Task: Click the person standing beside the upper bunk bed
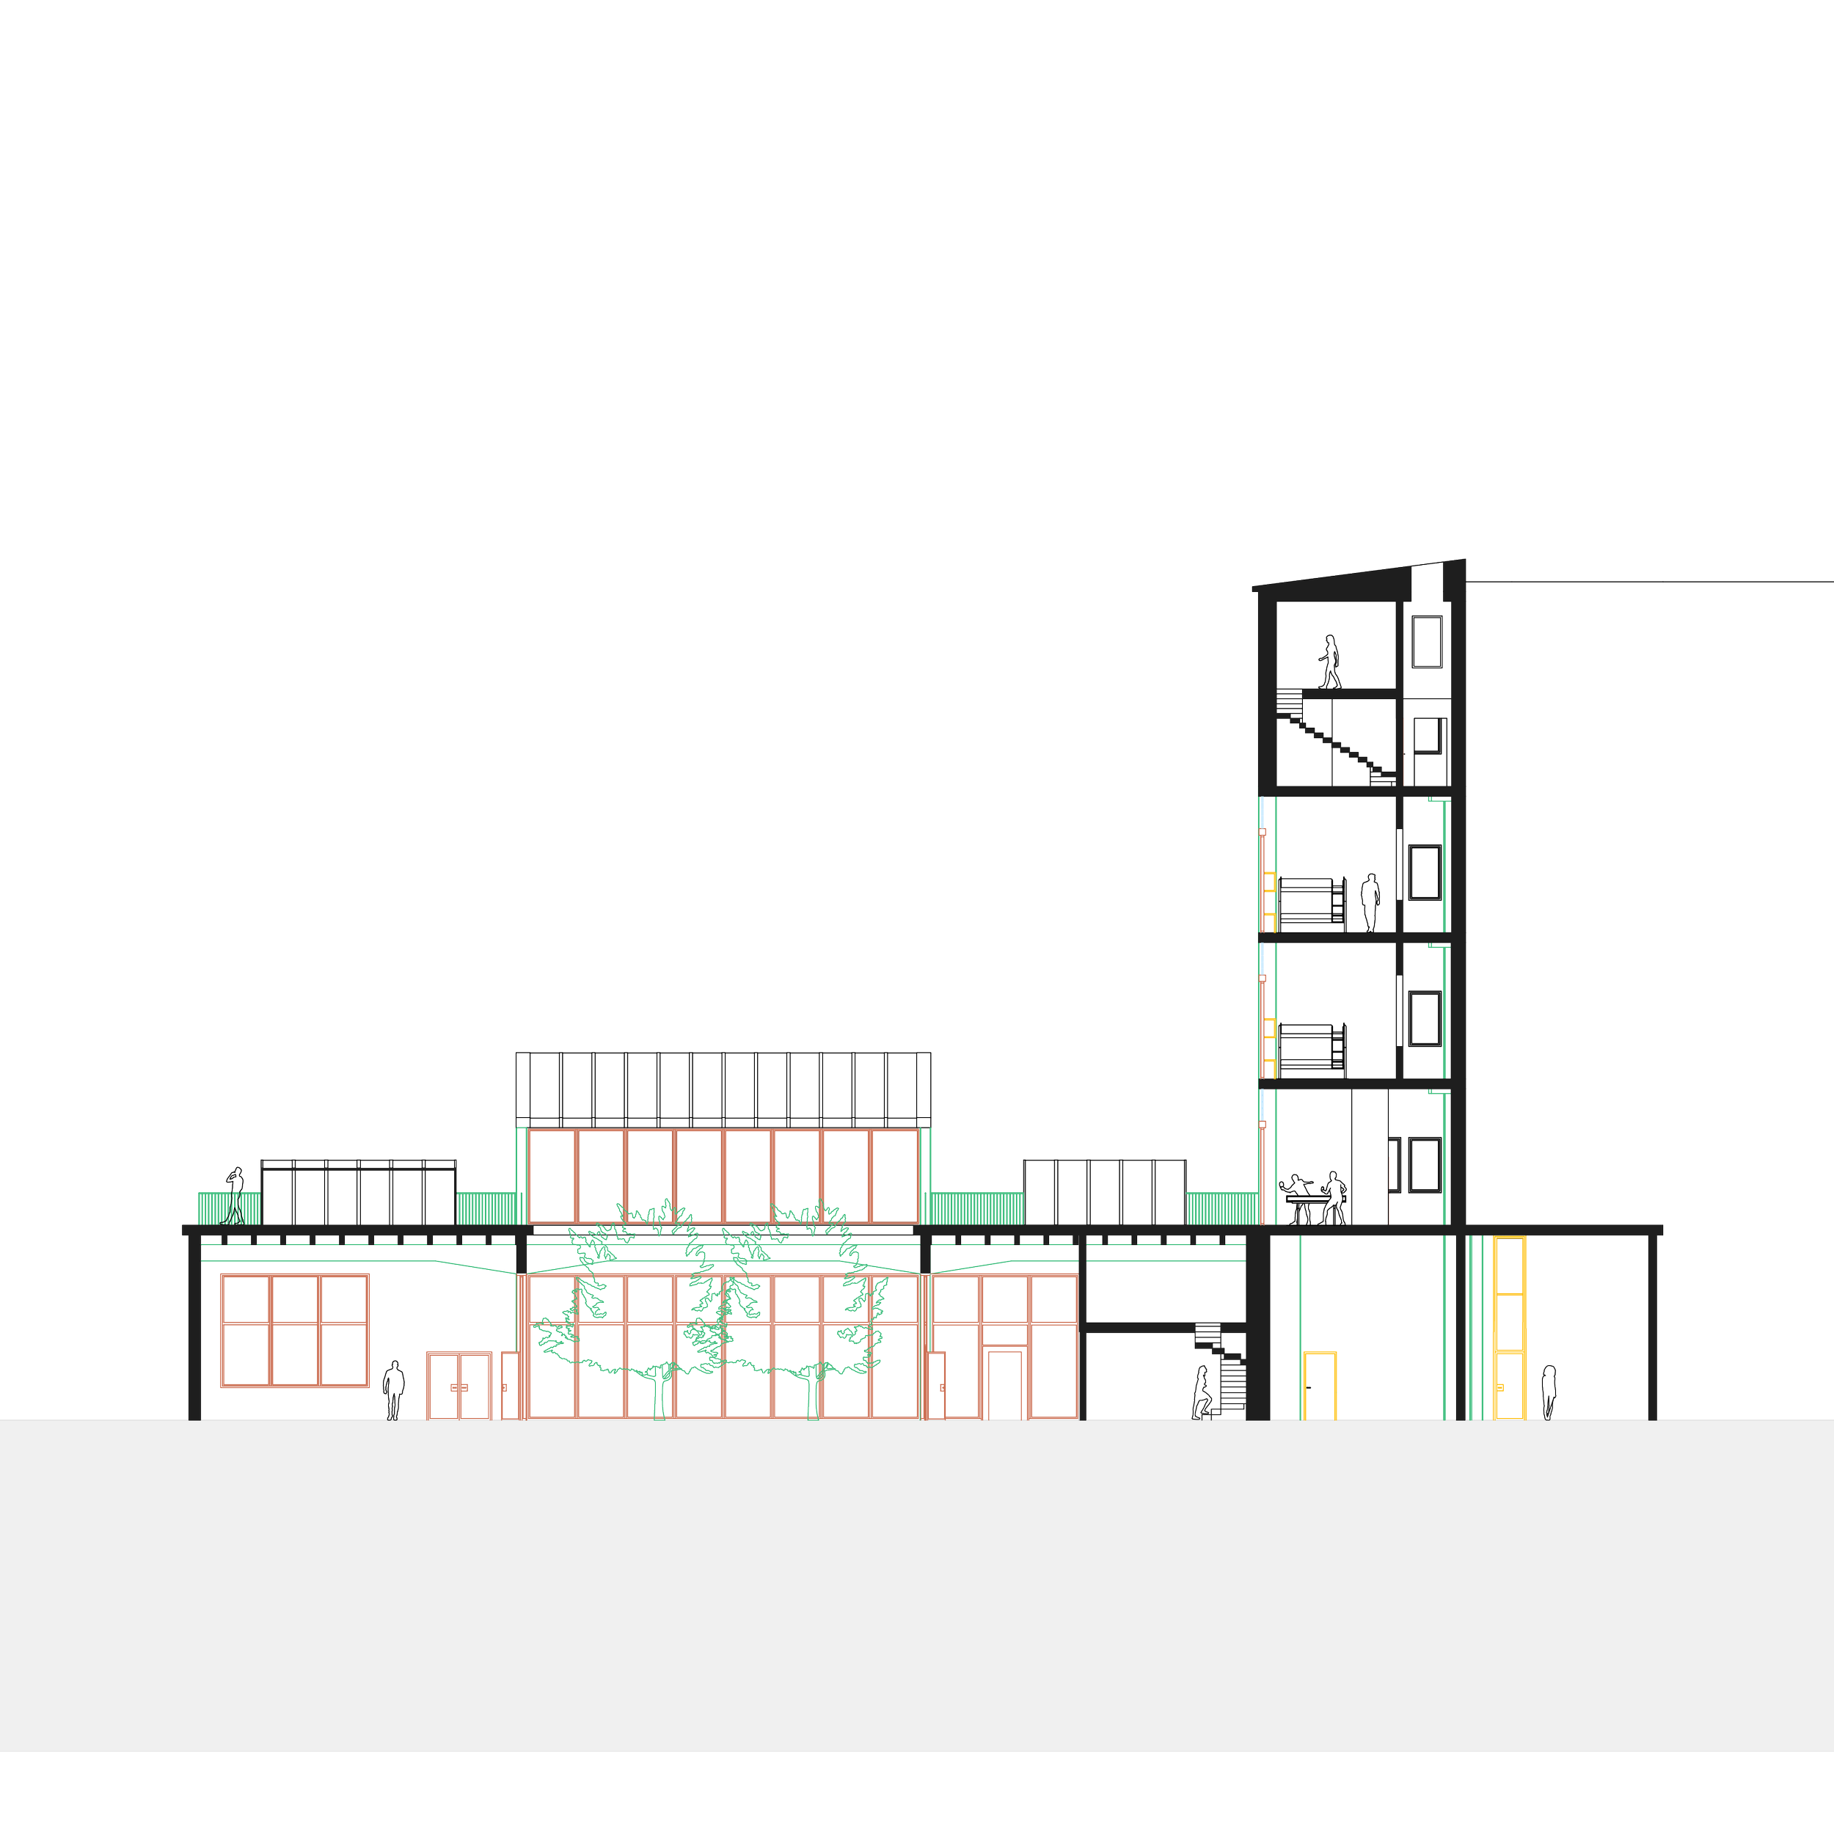pyautogui.click(x=1369, y=902)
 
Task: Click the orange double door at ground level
pyautogui.click(x=458, y=1387)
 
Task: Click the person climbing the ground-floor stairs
pyautogui.click(x=1202, y=1392)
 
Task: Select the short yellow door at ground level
pyautogui.click(x=1320, y=1385)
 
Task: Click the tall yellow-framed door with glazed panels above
pyautogui.click(x=1509, y=1329)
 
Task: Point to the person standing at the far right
pyautogui.click(x=1549, y=1392)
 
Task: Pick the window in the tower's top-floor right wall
pyautogui.click(x=1427, y=642)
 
